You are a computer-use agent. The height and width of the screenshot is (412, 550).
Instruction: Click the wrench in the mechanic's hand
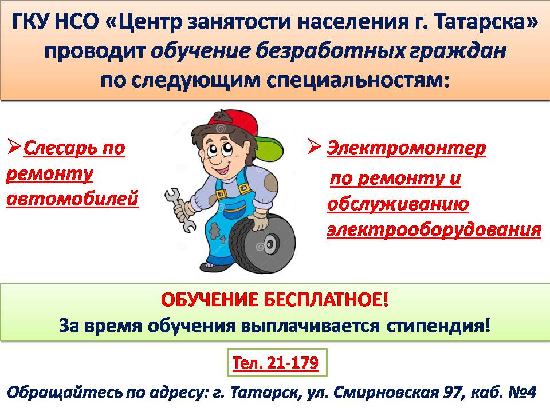pos(179,209)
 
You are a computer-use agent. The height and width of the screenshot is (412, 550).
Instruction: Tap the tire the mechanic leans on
pos(262,244)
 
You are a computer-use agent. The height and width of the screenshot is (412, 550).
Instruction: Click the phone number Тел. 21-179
pos(276,363)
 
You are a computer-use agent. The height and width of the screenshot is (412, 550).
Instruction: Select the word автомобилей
pos(73,199)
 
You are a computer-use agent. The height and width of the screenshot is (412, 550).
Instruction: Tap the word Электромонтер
pos(407,148)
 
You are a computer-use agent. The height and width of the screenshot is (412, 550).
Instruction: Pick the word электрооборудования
pos(434,231)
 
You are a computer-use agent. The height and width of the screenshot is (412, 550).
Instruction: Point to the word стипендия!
pos(438,326)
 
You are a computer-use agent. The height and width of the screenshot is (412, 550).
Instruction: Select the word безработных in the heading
pos(330,51)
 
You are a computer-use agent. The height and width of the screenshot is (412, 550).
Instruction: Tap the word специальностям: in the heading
pos(358,81)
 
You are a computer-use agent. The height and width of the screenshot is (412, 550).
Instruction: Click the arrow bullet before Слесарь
pos(14,146)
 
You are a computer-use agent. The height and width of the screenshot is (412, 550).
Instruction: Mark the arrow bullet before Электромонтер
pos(315,146)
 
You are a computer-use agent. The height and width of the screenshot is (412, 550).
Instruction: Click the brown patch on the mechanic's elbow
pos(271,182)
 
